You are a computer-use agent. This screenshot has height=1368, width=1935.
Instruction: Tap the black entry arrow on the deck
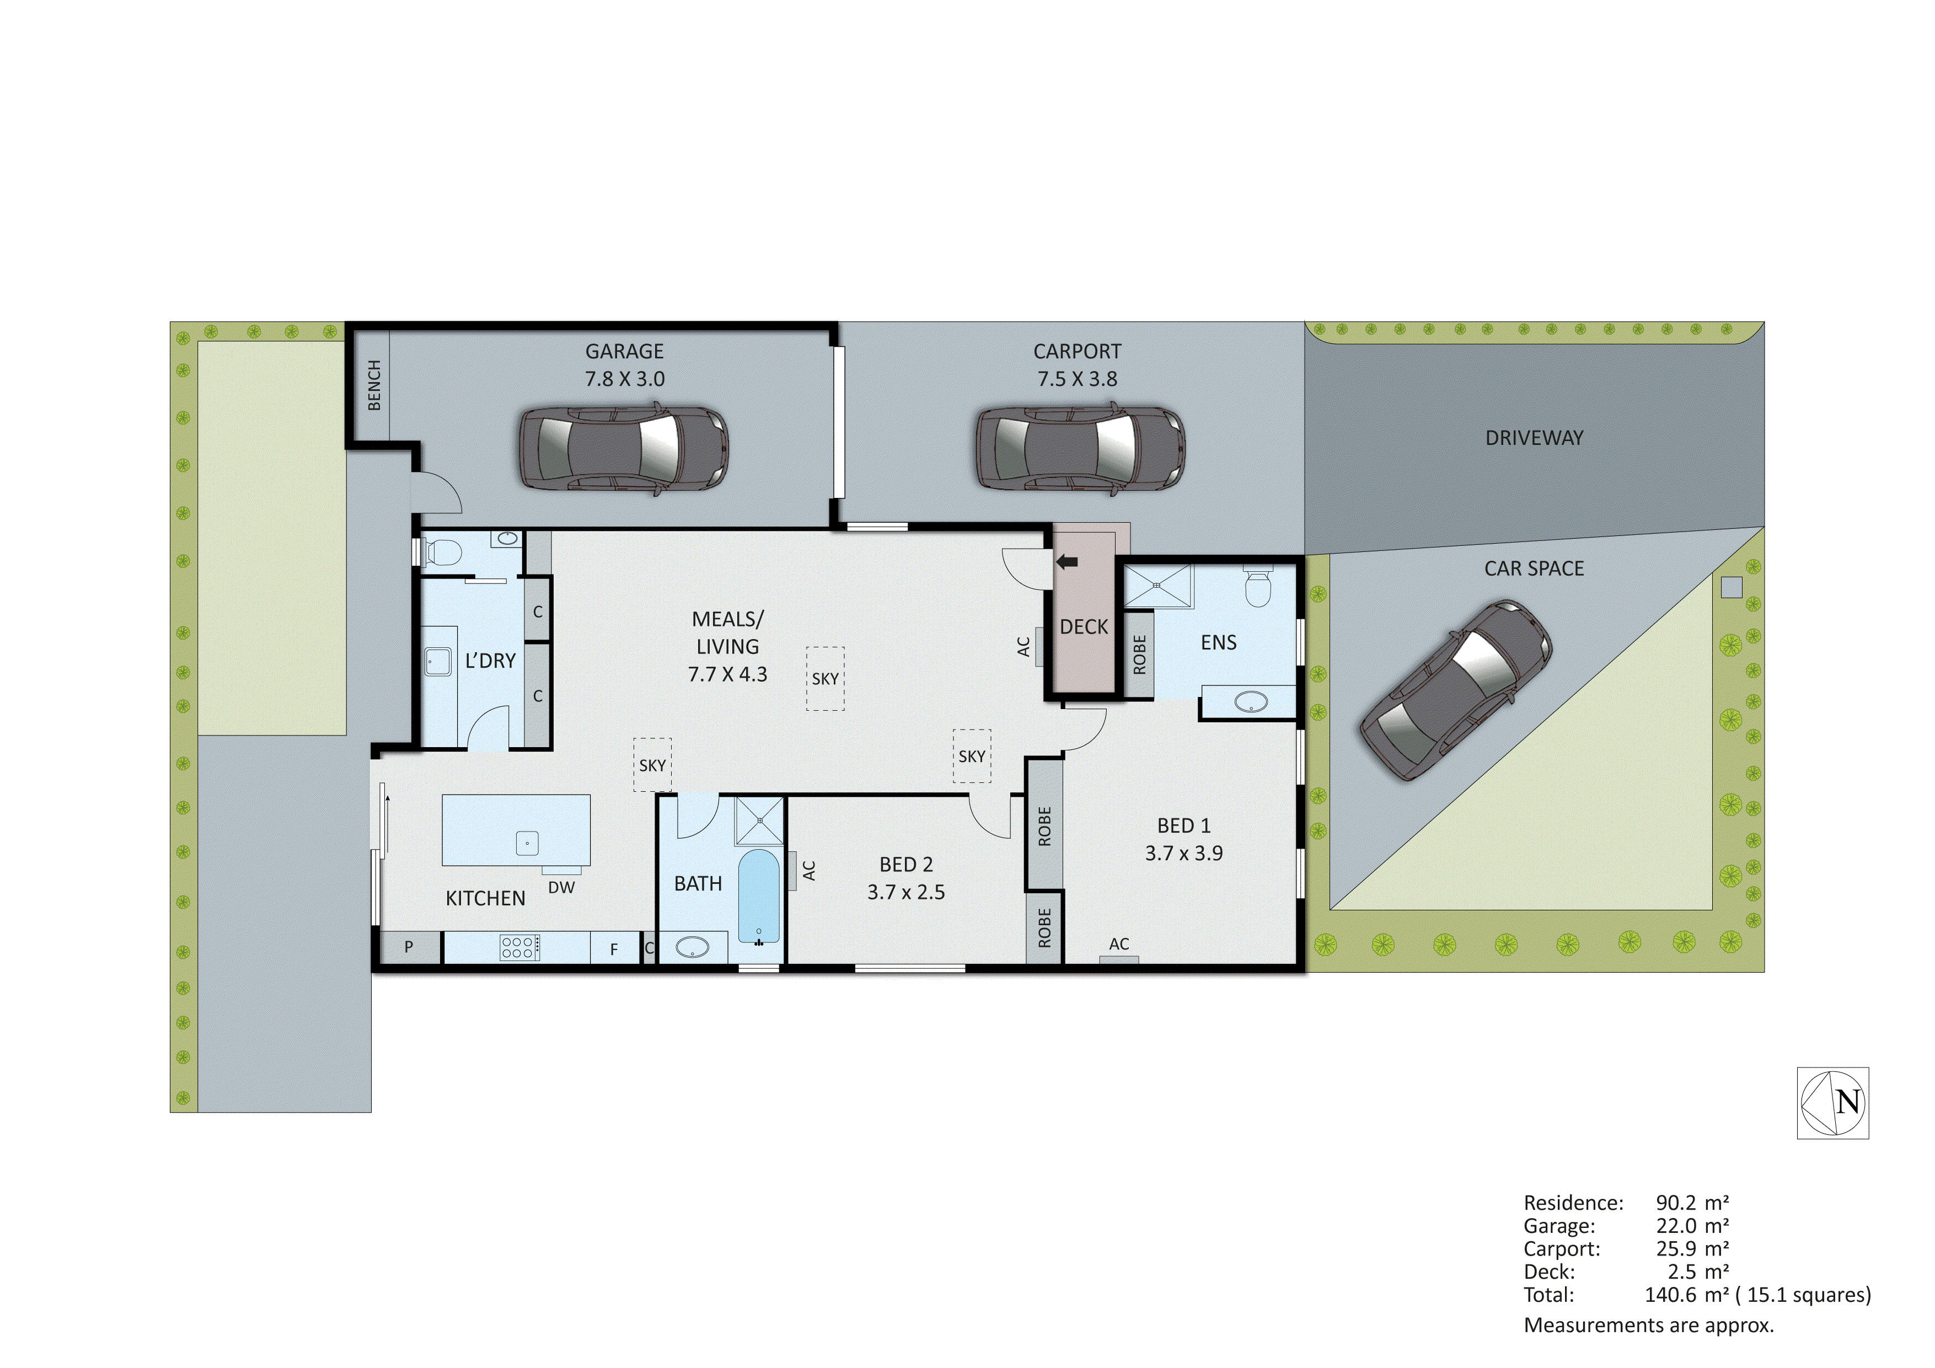pyautogui.click(x=1067, y=561)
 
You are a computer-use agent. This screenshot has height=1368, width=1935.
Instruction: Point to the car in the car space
pyautogui.click(x=1455, y=689)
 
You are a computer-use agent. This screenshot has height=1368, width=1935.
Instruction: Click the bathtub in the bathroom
pyautogui.click(x=758, y=896)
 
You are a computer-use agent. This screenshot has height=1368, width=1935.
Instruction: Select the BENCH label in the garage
pyautogui.click(x=374, y=385)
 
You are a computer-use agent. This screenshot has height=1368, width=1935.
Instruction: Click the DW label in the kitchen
pyautogui.click(x=561, y=888)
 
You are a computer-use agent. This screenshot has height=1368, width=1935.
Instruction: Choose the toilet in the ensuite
pyautogui.click(x=1257, y=587)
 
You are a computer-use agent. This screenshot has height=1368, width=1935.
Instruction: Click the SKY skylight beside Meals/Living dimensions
pyautogui.click(x=825, y=679)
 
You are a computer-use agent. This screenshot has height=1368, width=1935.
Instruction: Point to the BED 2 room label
pyautogui.click(x=906, y=865)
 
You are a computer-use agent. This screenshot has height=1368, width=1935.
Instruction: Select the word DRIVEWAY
pyautogui.click(x=1534, y=438)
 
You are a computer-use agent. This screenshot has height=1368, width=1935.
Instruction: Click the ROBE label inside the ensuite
pyautogui.click(x=1139, y=655)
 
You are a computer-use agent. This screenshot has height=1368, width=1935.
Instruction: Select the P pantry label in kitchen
pyautogui.click(x=409, y=947)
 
